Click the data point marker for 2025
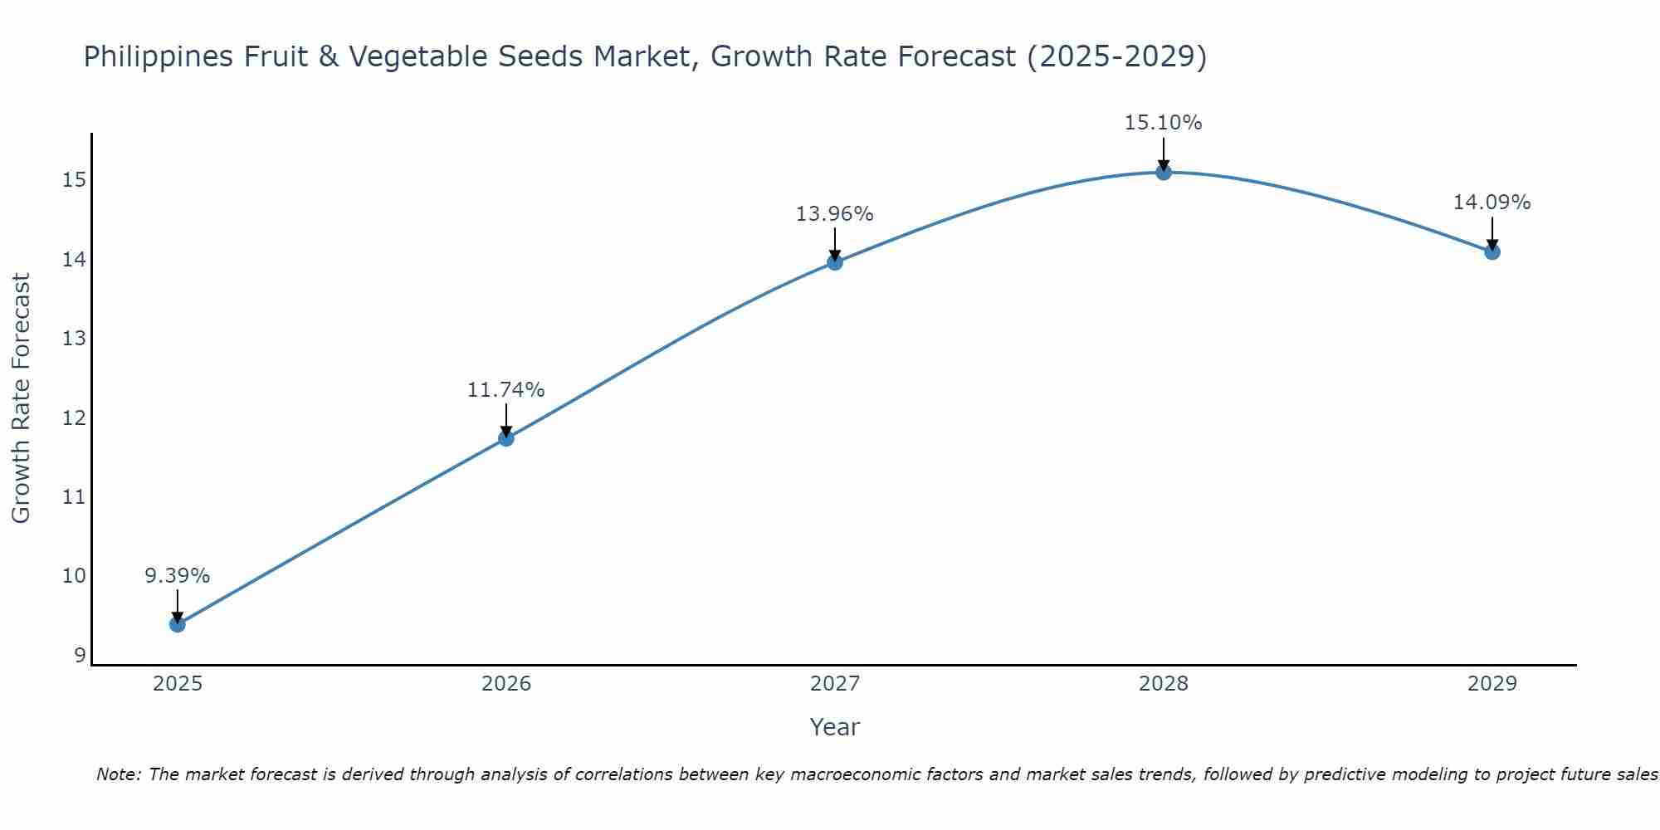178,624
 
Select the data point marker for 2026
506,438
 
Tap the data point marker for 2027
835,262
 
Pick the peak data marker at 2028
1164,173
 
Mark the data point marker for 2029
1492,251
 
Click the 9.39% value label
178,576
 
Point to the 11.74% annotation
506,390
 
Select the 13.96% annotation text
835,214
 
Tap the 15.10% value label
1164,123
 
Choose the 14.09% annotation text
1492,203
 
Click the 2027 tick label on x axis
835,684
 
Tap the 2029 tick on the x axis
1492,684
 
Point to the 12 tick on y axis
74,418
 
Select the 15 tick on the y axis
74,180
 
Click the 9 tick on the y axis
80,656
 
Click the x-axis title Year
835,727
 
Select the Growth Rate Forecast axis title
22,398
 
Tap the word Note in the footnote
119,774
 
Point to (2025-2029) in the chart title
1117,56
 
